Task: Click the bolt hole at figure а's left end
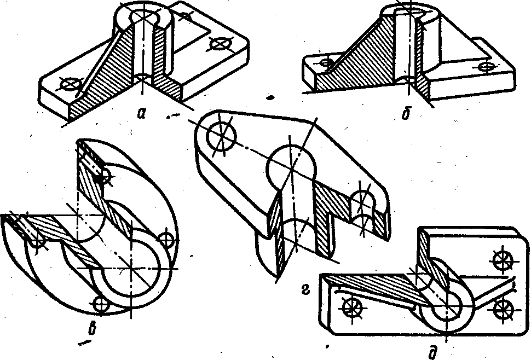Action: tap(70, 83)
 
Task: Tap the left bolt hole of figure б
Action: tap(327, 62)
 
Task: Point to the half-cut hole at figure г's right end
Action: tap(362, 203)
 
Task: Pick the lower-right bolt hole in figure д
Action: tap(502, 309)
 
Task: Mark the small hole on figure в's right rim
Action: tap(166, 239)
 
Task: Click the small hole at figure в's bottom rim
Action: tap(100, 304)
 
